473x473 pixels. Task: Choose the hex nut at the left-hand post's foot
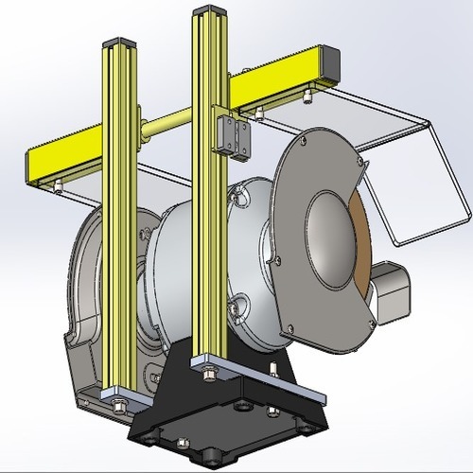pos(121,404)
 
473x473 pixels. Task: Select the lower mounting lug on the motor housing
pos(237,306)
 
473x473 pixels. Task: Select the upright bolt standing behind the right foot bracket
pos(273,370)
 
